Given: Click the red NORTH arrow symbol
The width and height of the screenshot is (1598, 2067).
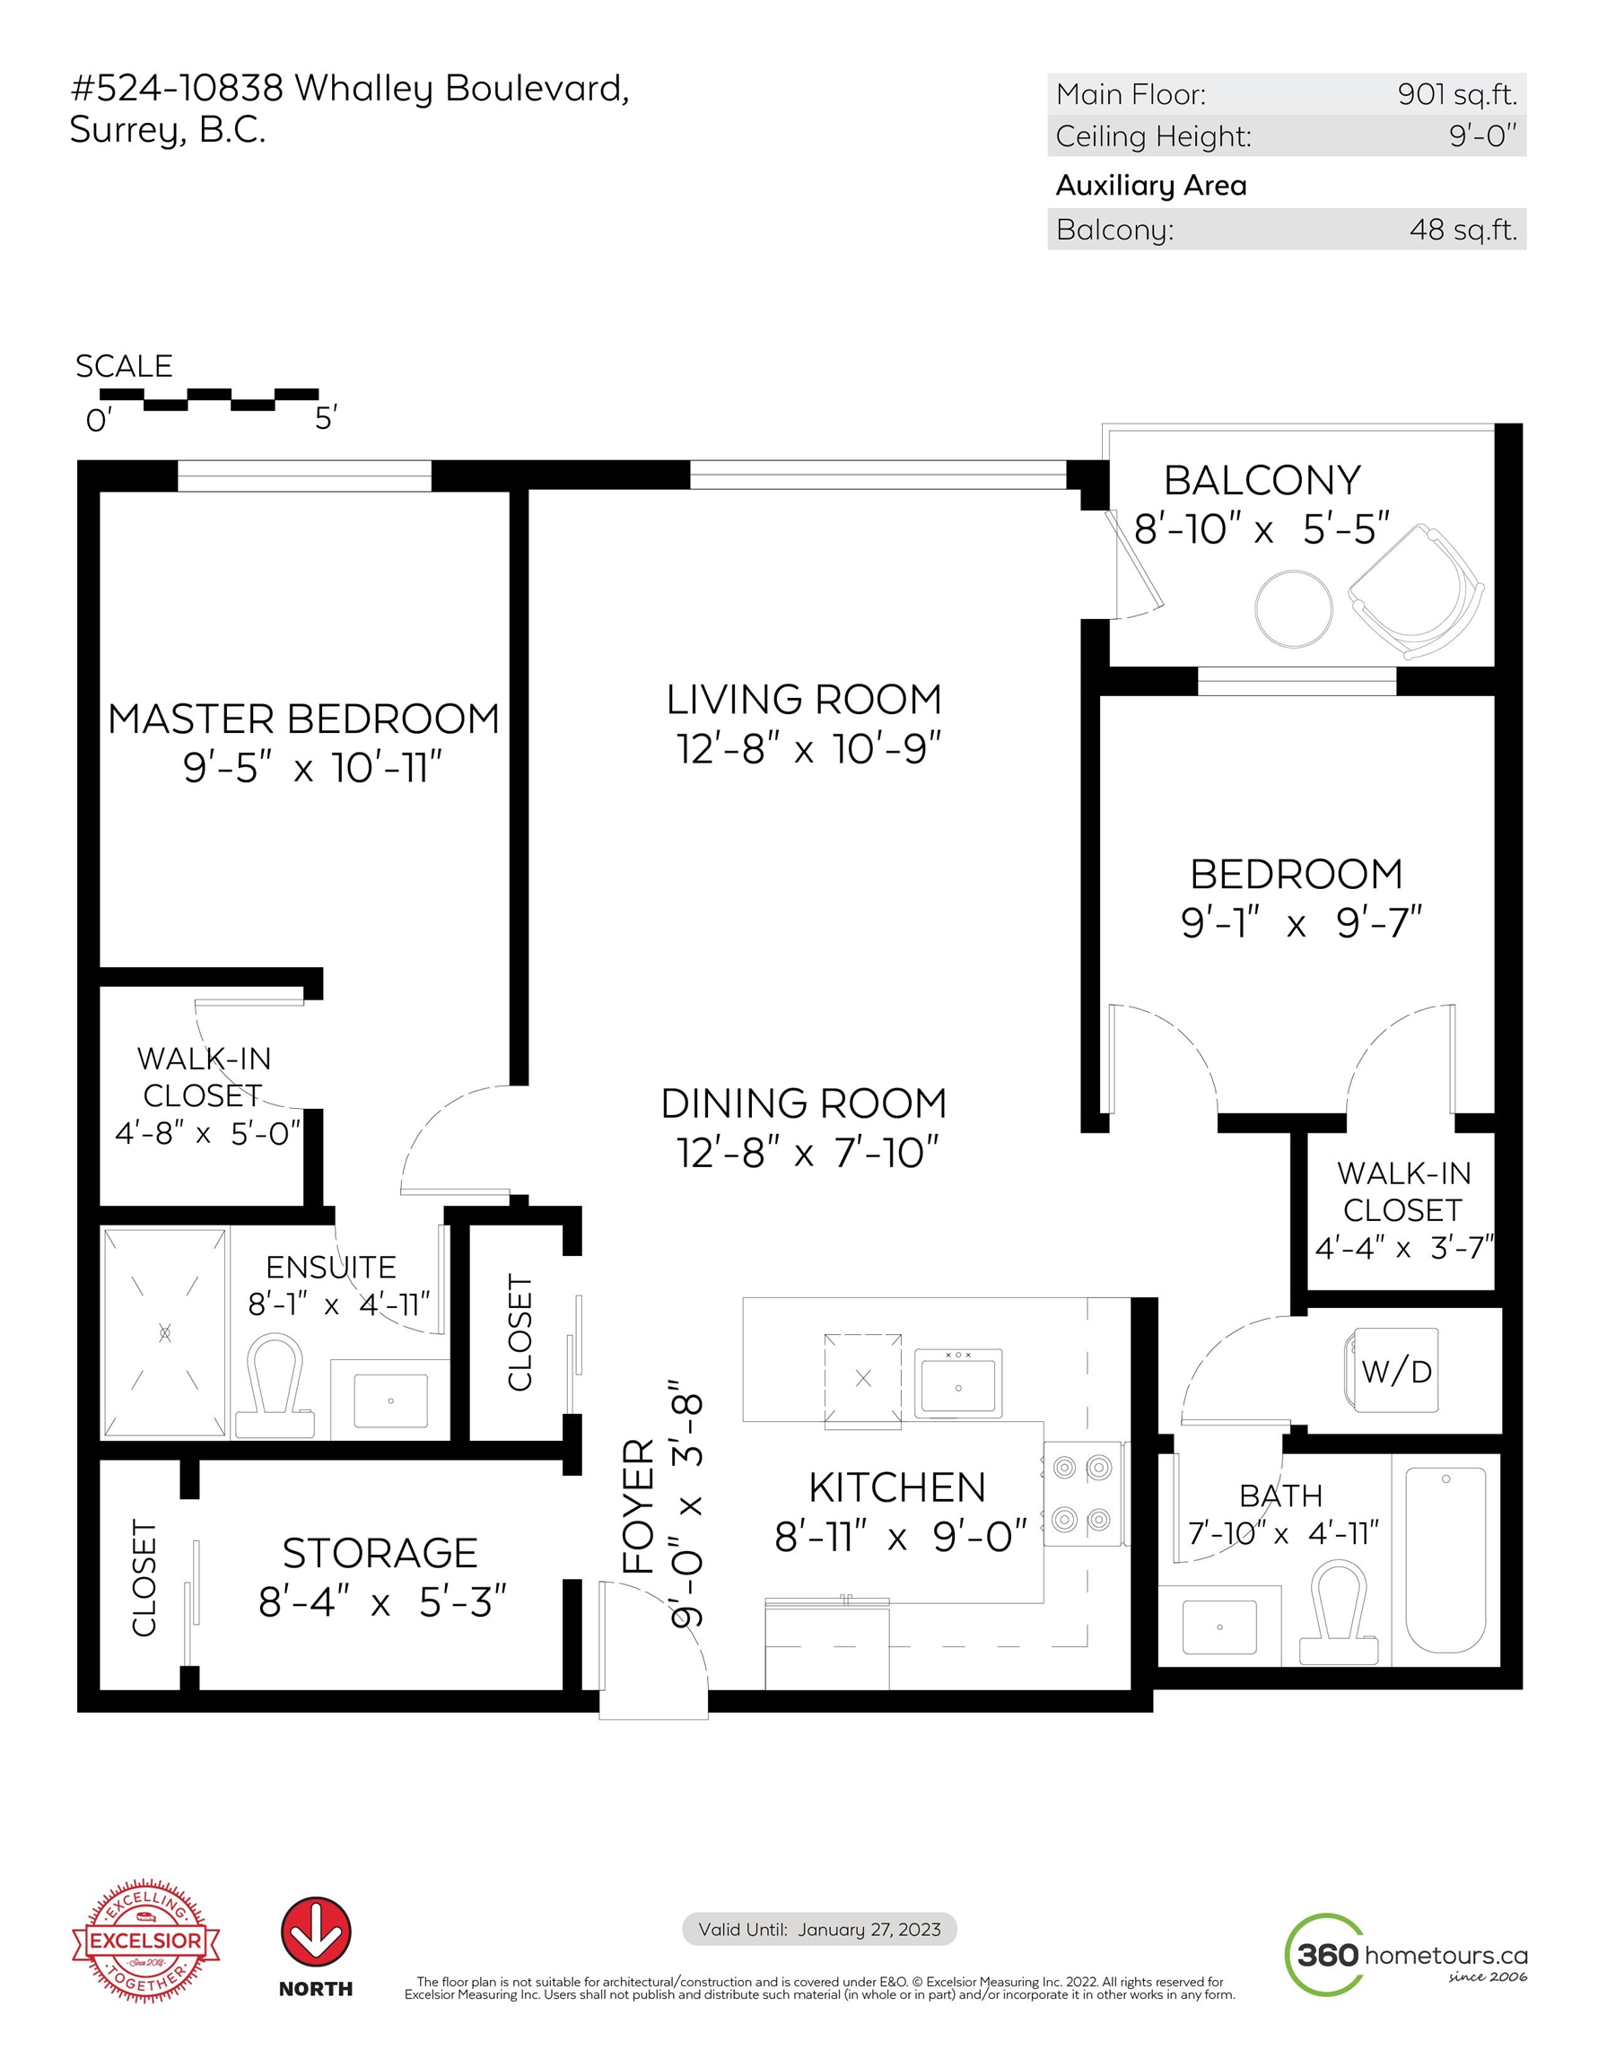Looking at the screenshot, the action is point(315,1932).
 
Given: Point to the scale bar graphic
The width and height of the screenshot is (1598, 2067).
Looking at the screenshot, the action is point(209,399).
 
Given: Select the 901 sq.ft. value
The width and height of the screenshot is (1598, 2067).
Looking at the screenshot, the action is point(1457,94).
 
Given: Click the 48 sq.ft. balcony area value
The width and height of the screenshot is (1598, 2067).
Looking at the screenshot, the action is point(1463,230).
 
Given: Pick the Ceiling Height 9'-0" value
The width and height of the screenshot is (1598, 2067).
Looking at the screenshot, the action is point(1482,136).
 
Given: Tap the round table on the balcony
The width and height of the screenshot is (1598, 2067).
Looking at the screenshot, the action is point(1293,608).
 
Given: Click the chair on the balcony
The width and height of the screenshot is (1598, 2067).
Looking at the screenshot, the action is point(1416,591).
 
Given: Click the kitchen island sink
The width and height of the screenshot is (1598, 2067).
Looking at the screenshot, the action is point(958,1382).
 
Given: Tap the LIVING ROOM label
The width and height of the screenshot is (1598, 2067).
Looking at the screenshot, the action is point(804,701).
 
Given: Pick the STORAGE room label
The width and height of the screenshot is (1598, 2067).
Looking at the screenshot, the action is point(380,1553).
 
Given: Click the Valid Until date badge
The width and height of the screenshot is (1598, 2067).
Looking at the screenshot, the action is point(820,1929).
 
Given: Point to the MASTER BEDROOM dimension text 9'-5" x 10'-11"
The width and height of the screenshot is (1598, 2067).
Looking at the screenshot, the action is point(312,768).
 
